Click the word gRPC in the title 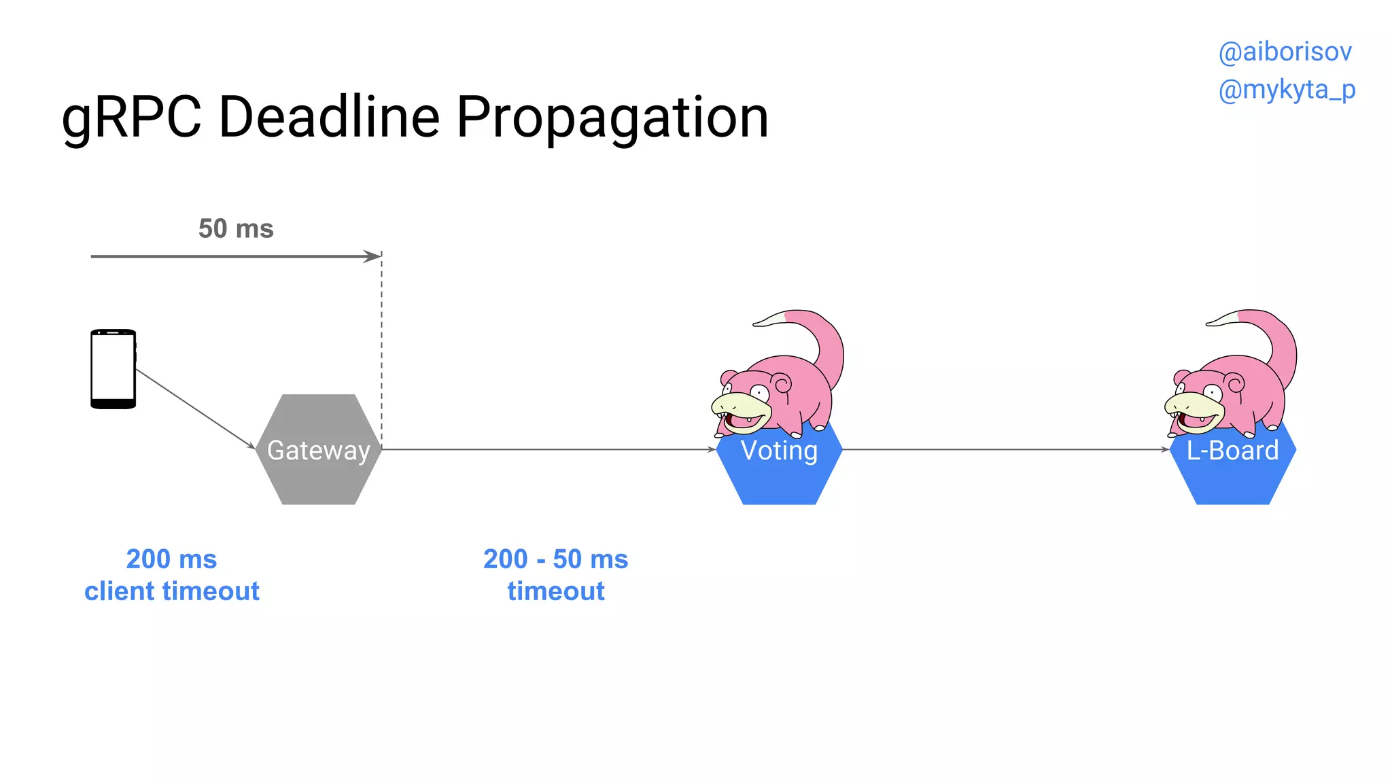pyautogui.click(x=131, y=118)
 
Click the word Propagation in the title pyautogui.click(x=612, y=118)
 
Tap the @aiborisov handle pyautogui.click(x=1285, y=52)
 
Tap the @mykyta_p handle pyautogui.click(x=1287, y=89)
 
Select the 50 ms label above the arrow pyautogui.click(x=236, y=228)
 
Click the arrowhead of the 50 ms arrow pyautogui.click(x=373, y=256)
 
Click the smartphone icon pyautogui.click(x=113, y=368)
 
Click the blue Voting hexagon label pyautogui.click(x=779, y=451)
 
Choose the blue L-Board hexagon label pyautogui.click(x=1232, y=451)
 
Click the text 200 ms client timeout pyautogui.click(x=171, y=575)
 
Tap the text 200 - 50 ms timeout pyautogui.click(x=555, y=575)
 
